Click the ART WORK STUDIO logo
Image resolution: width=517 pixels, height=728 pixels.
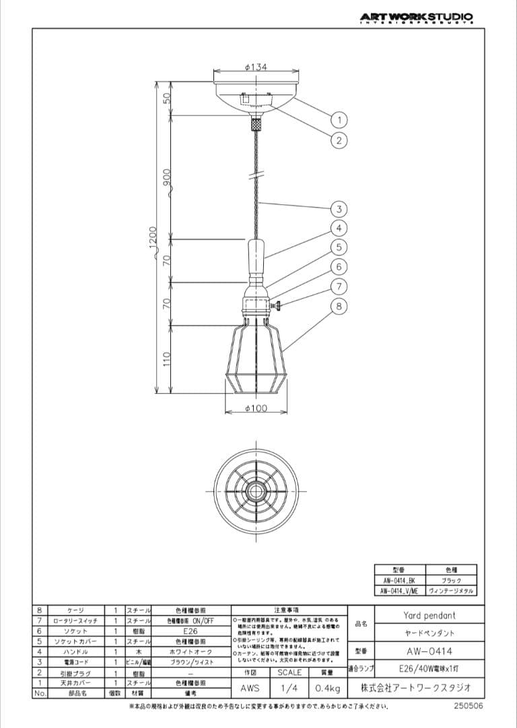click(416, 18)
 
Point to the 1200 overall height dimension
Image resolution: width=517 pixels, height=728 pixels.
click(153, 237)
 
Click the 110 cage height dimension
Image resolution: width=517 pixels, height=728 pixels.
click(166, 359)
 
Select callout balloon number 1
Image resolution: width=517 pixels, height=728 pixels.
click(340, 120)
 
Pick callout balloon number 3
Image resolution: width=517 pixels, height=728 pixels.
click(340, 208)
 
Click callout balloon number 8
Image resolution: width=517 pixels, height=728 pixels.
click(340, 306)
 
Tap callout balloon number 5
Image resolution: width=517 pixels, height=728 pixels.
click(340, 247)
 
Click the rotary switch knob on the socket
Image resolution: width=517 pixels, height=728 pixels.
click(276, 307)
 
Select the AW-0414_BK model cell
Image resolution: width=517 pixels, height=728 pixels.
click(400, 580)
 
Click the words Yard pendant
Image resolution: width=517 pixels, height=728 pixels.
click(429, 615)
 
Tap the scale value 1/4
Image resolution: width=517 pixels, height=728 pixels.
click(289, 689)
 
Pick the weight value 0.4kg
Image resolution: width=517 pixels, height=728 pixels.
click(328, 689)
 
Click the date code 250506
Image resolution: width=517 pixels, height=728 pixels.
click(469, 706)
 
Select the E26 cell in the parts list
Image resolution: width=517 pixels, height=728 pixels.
click(190, 631)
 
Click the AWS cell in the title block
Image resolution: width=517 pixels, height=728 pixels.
click(250, 689)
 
